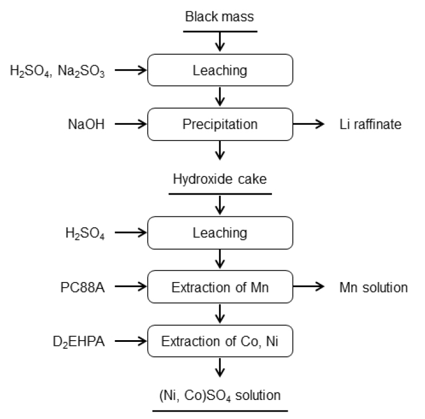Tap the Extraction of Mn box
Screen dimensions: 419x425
coord(220,287)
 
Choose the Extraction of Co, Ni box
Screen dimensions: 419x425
coord(220,341)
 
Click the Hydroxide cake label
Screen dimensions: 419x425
coord(220,180)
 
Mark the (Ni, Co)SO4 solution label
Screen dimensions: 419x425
coord(220,396)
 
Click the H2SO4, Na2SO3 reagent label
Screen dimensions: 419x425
coord(58,71)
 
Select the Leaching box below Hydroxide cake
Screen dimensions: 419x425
coord(220,233)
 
